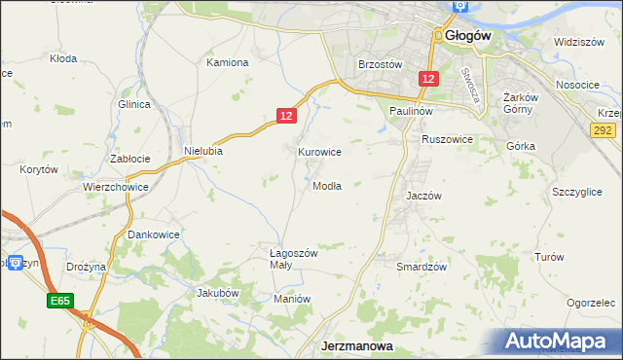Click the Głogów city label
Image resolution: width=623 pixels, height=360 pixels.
[x=467, y=35]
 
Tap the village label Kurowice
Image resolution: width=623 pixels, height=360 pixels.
[x=319, y=152]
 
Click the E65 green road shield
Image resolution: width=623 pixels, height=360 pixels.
[x=59, y=303]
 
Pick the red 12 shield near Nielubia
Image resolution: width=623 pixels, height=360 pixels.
[x=284, y=115]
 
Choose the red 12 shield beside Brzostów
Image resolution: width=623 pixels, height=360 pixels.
[x=427, y=78]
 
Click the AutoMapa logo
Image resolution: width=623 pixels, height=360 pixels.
[x=563, y=342]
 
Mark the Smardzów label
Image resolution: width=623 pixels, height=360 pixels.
[x=421, y=266]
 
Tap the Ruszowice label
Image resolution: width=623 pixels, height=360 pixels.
[x=447, y=139]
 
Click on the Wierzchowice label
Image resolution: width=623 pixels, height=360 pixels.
[x=115, y=187]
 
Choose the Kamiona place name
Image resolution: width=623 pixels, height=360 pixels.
[x=228, y=62]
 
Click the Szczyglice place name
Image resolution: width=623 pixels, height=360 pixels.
[x=576, y=193]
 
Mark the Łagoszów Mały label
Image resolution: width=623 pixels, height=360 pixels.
[x=294, y=260]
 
